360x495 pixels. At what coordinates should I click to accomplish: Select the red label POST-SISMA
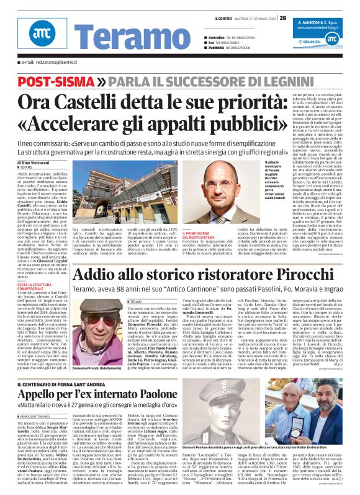coord(56,82)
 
